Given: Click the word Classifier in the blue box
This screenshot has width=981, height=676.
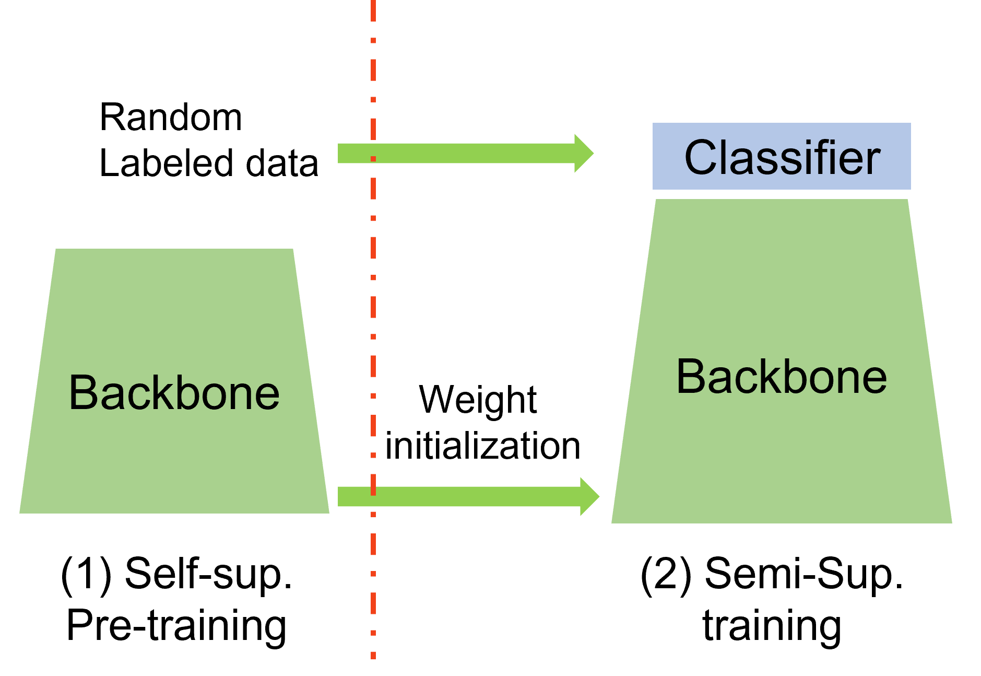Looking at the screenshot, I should click(782, 157).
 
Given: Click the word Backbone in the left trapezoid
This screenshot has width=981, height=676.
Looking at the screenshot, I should click(174, 393).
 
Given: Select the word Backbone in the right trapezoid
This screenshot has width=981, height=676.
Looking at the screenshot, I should click(781, 377).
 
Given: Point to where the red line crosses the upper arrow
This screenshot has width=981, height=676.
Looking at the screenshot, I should click(373, 153).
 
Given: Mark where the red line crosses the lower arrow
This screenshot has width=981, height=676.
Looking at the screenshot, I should click(373, 496).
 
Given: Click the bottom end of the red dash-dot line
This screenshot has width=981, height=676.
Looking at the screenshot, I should click(373, 656).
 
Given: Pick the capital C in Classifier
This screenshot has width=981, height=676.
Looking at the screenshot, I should click(700, 157).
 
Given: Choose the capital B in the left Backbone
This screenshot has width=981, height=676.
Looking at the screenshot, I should click(83, 393).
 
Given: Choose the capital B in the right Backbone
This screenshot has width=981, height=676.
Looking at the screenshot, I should click(691, 377).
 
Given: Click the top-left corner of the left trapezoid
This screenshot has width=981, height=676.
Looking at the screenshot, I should click(56, 250).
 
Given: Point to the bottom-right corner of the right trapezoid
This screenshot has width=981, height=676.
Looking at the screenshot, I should click(951, 522).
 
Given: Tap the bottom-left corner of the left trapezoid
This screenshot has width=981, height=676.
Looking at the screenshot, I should click(21, 512).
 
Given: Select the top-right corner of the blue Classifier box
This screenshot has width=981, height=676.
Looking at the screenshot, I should click(910, 124).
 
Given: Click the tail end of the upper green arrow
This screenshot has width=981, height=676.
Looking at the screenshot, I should click(339, 153).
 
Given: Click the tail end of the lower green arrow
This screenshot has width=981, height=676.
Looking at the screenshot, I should click(339, 496).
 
